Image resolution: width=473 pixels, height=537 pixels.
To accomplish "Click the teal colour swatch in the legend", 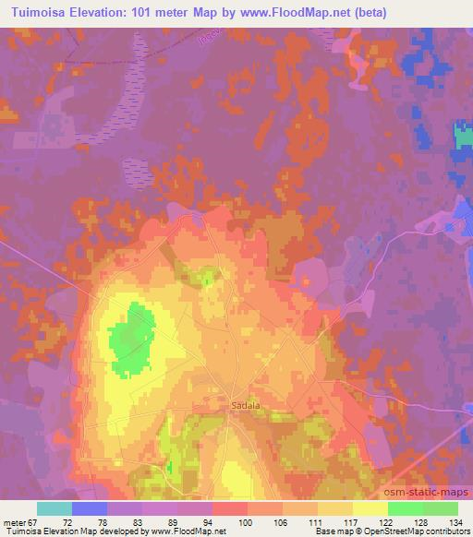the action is [x=55, y=507].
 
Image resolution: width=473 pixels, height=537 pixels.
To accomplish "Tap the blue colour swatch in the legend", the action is [x=90, y=507].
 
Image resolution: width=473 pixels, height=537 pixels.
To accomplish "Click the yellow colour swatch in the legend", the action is [x=370, y=507].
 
